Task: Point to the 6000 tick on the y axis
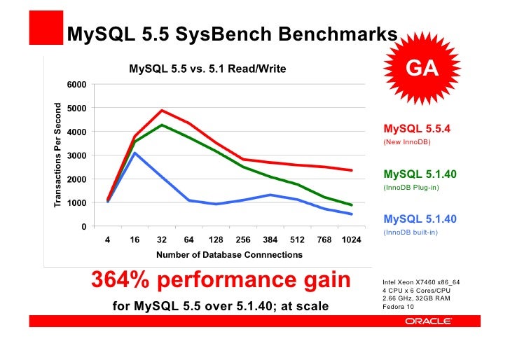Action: pyautogui.click(x=77, y=84)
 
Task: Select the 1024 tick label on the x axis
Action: pyautogui.click(x=352, y=240)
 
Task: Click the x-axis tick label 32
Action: pyautogui.click(x=162, y=240)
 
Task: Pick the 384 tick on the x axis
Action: pyautogui.click(x=270, y=240)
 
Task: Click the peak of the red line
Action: pyautogui.click(x=162, y=110)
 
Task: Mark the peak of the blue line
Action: pyautogui.click(x=135, y=153)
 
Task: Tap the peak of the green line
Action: pyautogui.click(x=162, y=125)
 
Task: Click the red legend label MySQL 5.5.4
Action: pyautogui.click(x=417, y=130)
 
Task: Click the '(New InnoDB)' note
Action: pyautogui.click(x=406, y=143)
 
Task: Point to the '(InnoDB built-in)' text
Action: pyautogui.click(x=411, y=233)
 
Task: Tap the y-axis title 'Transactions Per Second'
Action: pyautogui.click(x=58, y=155)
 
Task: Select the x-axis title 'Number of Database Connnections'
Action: pyautogui.click(x=229, y=255)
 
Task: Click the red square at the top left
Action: pyautogui.click(x=45, y=29)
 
